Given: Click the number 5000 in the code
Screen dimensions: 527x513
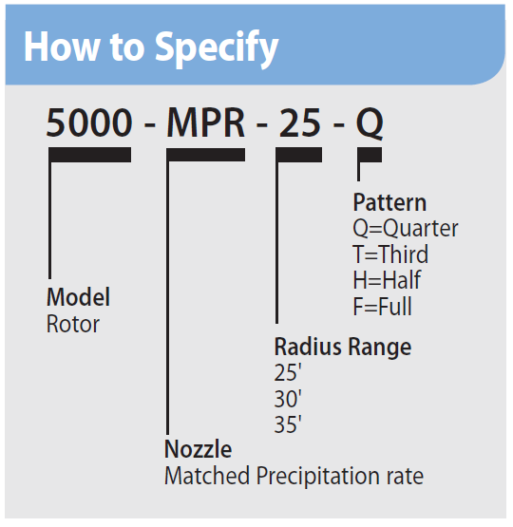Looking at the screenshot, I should coord(90,124).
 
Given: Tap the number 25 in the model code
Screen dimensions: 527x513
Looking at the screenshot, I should coord(299,124).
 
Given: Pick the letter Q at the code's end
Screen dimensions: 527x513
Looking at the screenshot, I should coord(370,124).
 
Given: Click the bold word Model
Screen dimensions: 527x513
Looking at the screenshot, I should coord(79,297).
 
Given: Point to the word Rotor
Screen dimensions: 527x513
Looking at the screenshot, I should coord(73,324).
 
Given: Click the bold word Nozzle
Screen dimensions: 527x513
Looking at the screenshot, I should coord(198,448).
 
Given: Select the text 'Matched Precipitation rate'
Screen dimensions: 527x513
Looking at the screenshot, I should coord(294,476).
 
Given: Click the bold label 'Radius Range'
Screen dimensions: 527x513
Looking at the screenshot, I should coord(343,347).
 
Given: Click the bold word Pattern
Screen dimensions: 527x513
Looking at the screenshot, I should coord(389,203).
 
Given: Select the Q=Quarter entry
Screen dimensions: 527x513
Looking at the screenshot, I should coord(406,229).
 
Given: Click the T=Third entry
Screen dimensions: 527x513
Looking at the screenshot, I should coord(390,254).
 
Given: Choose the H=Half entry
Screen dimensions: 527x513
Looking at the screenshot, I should coord(387,281).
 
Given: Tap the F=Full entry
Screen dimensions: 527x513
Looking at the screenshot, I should coord(383,307).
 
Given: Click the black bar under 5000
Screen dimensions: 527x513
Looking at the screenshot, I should coord(90,155).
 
